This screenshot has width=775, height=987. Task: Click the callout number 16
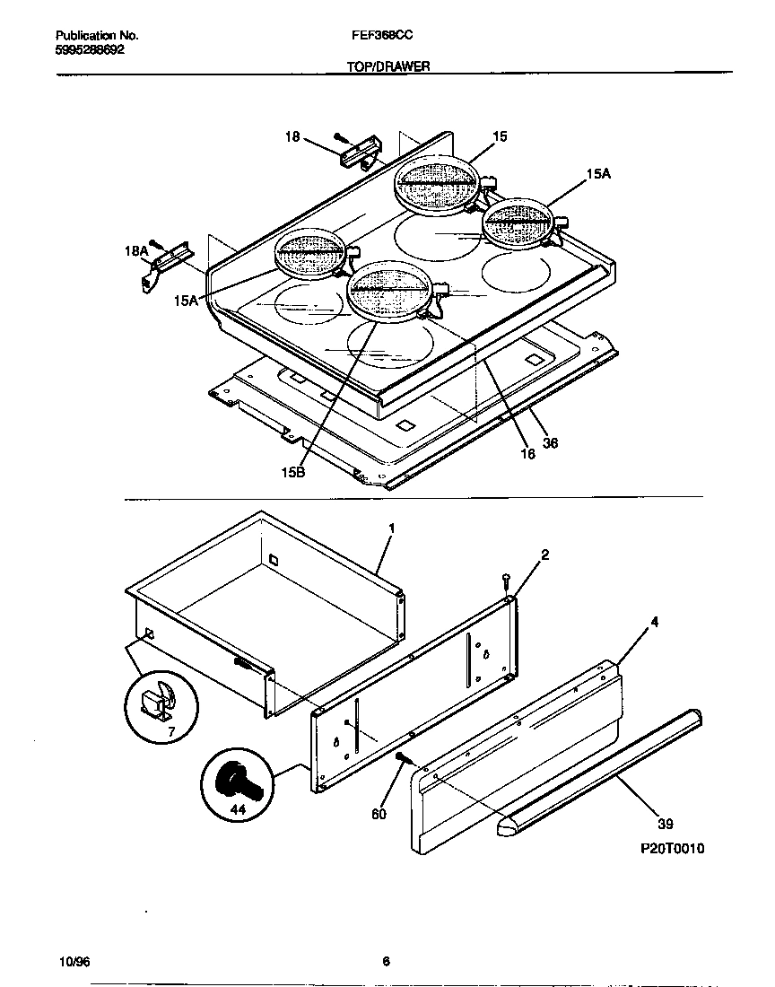coord(527,454)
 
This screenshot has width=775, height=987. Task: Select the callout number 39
coord(665,824)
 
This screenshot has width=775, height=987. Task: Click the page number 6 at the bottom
coord(386,962)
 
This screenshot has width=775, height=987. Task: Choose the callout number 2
coord(544,555)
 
